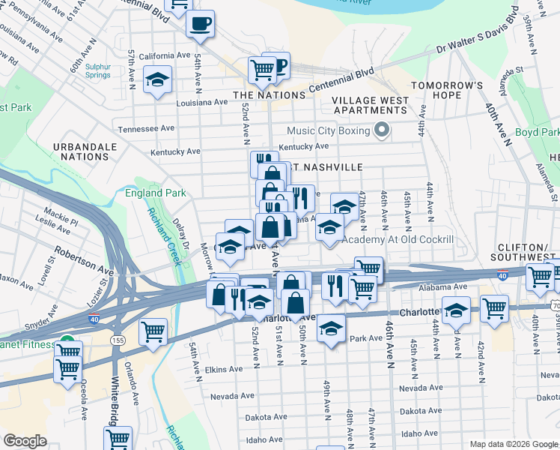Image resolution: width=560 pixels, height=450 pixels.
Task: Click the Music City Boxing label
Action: pos(328,131)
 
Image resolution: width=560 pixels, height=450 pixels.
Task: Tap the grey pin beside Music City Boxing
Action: pos(382,131)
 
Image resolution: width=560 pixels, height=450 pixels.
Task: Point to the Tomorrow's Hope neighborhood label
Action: pos(446,90)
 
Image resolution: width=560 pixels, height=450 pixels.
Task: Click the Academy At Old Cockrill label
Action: pos(398,239)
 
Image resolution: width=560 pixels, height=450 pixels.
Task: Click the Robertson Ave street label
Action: pos(89,263)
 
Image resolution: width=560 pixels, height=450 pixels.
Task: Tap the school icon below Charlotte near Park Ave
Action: pos(330,328)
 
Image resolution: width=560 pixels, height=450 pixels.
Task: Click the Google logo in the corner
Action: pos(25,441)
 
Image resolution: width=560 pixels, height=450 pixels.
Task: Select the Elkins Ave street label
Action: pos(224,369)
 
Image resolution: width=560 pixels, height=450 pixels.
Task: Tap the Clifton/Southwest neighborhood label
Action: pos(529,253)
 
